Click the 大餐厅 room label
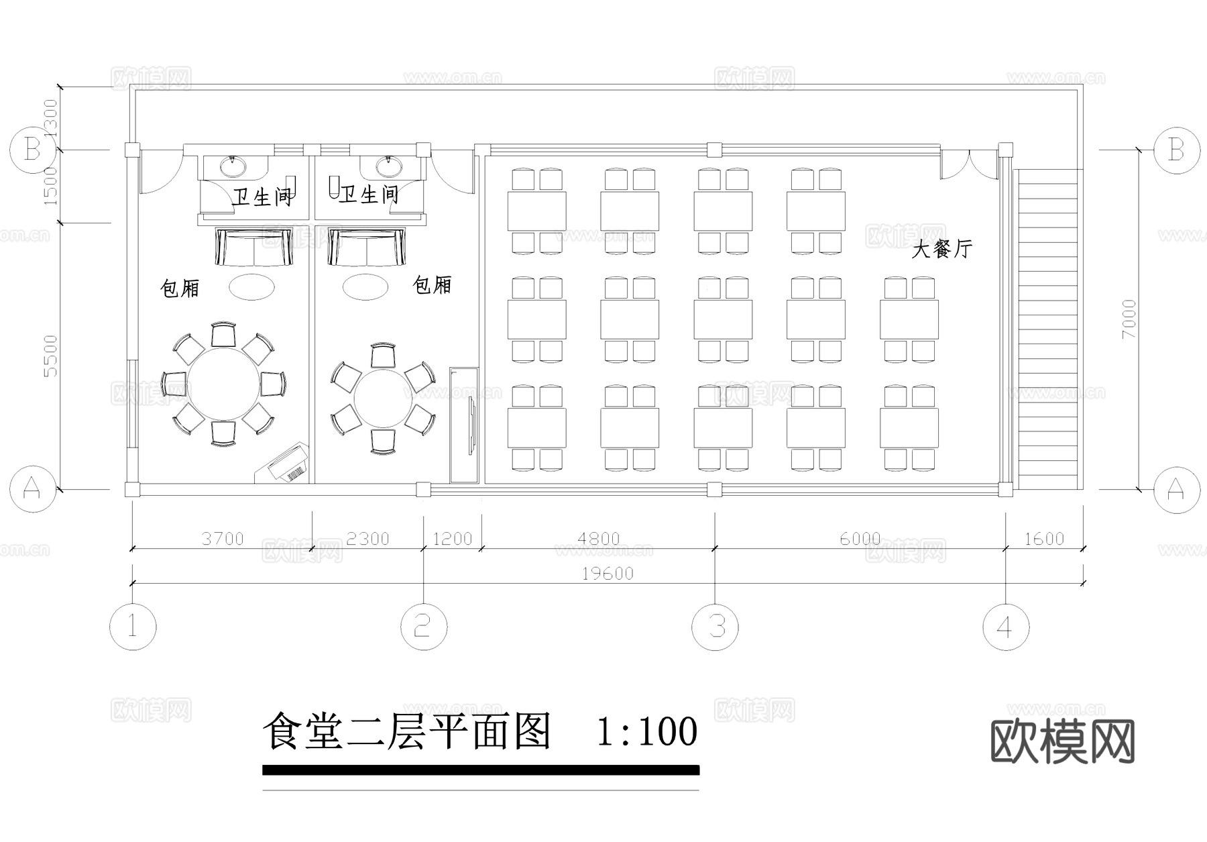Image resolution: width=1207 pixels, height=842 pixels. point(941,250)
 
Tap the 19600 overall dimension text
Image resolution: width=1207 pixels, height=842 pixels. point(608,574)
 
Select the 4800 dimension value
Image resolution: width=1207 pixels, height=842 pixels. point(598,539)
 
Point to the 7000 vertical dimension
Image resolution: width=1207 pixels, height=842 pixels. point(1129,318)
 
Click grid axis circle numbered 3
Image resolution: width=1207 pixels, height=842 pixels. point(715,627)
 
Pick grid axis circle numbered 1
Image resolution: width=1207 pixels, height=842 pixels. point(133,627)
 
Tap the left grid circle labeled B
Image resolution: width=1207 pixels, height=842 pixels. point(32,150)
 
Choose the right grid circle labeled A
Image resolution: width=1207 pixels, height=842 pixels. point(1175,490)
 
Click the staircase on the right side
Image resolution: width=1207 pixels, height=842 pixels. point(1047,329)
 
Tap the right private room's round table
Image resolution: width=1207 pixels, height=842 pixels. point(382,399)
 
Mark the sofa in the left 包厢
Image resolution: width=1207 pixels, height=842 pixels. point(254,247)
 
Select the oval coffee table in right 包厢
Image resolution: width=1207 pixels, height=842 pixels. point(365,287)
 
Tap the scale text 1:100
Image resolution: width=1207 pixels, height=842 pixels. point(646,731)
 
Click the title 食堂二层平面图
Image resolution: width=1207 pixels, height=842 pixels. point(406,731)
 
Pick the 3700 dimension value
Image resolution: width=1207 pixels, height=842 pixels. point(223,539)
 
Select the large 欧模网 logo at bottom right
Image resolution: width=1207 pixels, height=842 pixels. point(1062,742)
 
